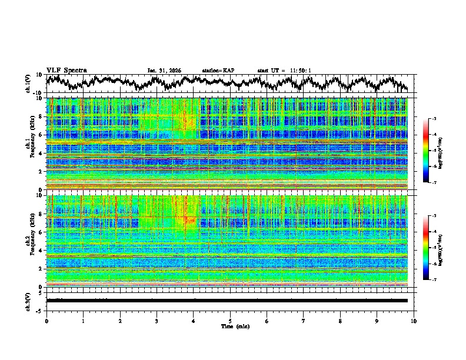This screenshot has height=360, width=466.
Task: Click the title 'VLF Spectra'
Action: coord(66,70)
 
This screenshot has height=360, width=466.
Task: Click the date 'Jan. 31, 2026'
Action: coord(164,71)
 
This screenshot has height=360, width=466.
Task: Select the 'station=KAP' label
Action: coord(218,71)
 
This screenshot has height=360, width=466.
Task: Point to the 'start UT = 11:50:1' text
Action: coord(284,71)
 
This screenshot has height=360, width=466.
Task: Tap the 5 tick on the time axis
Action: coord(230,321)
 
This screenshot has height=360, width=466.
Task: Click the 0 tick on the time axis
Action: coord(46,321)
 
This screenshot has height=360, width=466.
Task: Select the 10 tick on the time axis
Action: coord(414,321)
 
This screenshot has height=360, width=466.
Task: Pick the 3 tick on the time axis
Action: coord(157,321)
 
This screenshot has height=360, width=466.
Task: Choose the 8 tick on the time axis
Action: coord(340,321)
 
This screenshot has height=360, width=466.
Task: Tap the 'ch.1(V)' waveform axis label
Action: coord(29,84)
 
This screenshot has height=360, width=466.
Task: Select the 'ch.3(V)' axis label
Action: coord(29,301)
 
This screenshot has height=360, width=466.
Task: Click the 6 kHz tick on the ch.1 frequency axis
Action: coord(41,135)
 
